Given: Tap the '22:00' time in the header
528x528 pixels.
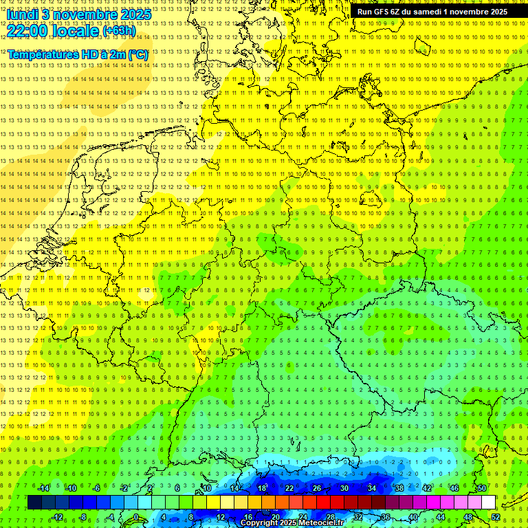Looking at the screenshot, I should pos(27,31).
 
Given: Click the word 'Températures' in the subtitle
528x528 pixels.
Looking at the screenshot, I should pos(42,54).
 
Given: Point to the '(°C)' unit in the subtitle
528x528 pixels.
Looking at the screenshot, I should pos(137,54).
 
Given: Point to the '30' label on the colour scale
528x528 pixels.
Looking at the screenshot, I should pos(344,488).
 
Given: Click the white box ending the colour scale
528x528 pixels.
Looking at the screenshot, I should pos(488,503).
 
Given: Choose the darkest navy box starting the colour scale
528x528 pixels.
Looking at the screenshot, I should pos(34,503).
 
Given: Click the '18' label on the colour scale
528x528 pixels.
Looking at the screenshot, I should pos(262,488).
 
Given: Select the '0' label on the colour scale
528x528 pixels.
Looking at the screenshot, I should pos(136,517).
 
